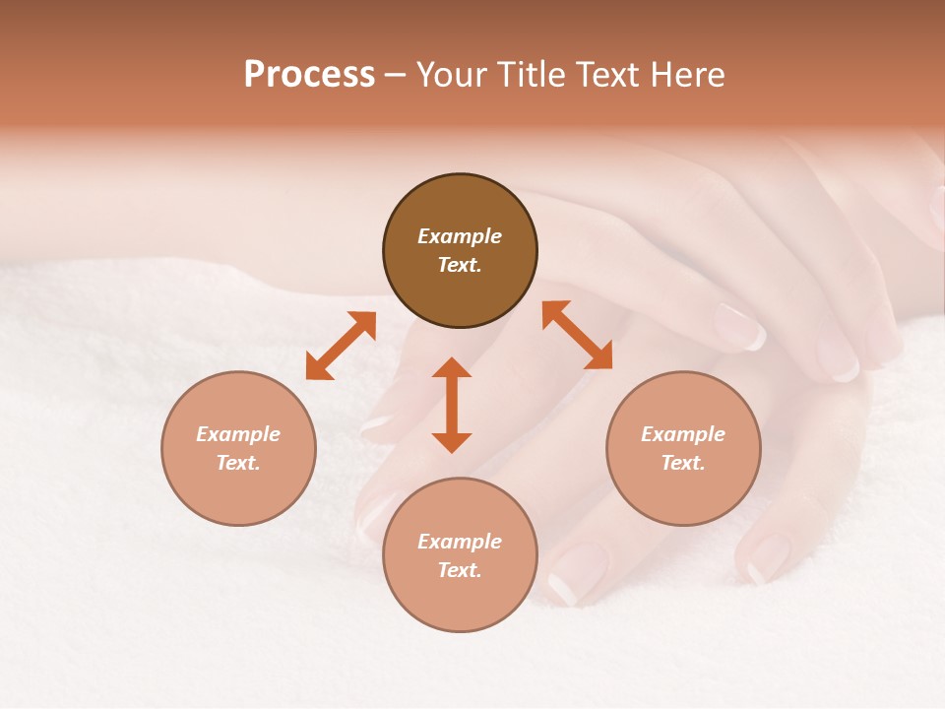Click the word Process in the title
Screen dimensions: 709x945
309,75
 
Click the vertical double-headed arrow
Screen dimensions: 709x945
452,405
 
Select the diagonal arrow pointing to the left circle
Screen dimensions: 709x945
341,346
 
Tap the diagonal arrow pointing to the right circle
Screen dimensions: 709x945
577,335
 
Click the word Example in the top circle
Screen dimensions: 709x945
460,236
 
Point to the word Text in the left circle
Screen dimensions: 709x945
238,463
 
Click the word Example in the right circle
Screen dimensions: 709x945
683,434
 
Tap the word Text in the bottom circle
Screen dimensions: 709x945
460,570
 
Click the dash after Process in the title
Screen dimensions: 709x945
395,75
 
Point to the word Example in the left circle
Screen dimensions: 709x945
238,434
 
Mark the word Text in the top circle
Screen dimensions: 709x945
460,265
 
